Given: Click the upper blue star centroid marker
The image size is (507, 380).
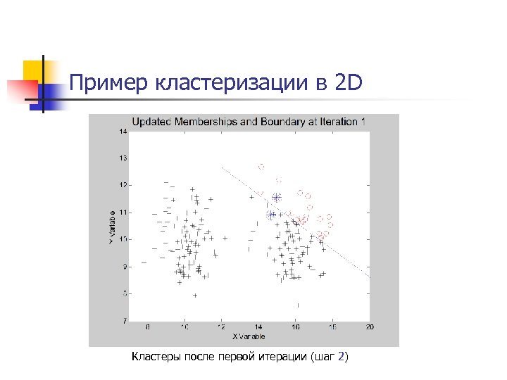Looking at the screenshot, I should [277, 198].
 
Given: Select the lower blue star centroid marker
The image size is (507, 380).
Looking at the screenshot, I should [271, 215].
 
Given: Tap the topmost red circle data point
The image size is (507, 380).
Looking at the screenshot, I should [261, 167].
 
